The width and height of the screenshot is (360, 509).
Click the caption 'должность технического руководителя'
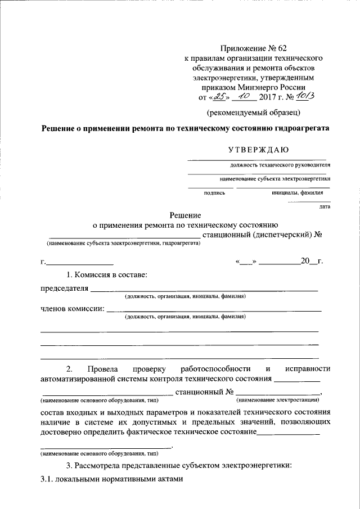pos(280,165)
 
